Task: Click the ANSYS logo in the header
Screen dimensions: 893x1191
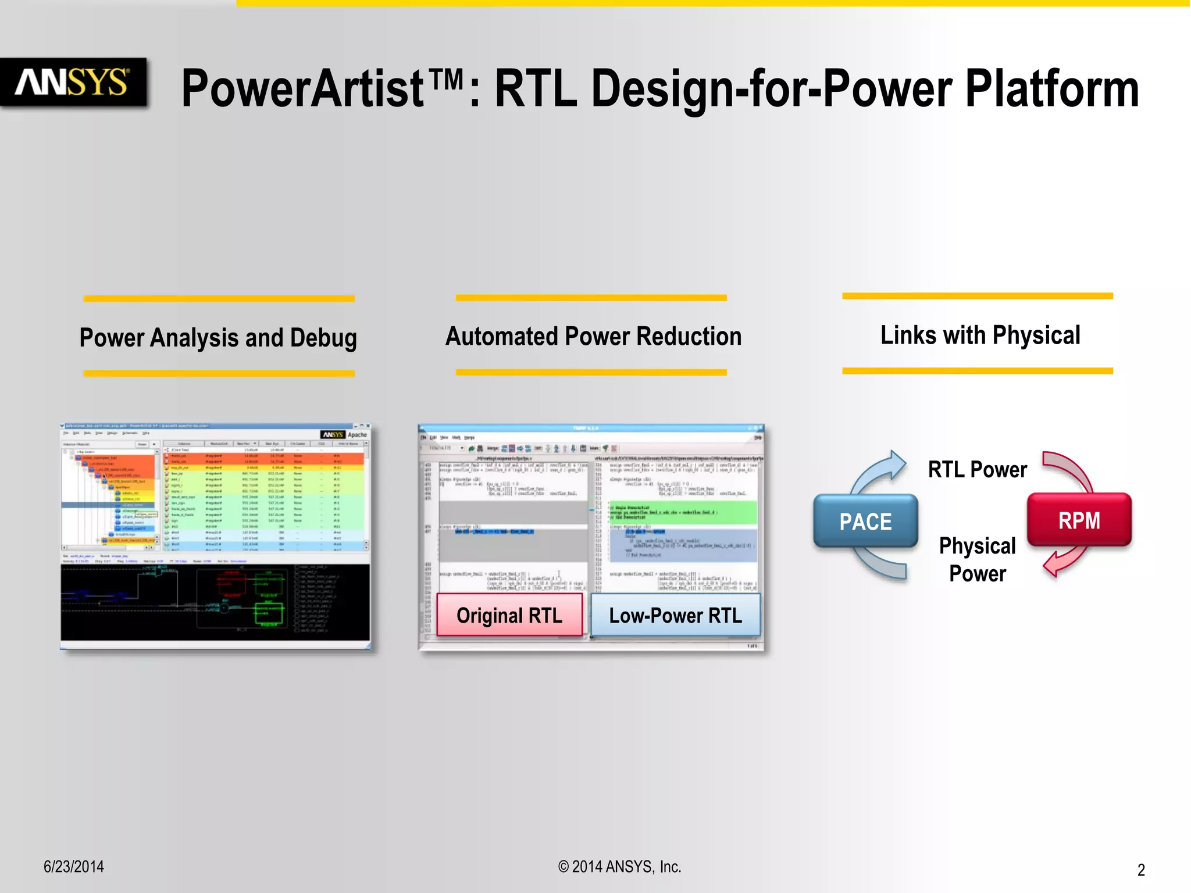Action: [72, 82]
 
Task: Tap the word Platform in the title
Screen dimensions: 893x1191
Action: [1051, 88]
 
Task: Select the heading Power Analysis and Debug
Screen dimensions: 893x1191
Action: [218, 338]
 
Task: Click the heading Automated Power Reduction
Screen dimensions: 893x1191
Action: [593, 336]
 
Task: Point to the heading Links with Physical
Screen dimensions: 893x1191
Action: [980, 335]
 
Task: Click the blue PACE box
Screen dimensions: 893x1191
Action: [865, 521]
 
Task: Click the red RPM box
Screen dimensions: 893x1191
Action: [1079, 520]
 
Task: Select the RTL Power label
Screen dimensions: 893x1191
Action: [977, 469]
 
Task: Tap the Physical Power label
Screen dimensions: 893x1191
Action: [977, 559]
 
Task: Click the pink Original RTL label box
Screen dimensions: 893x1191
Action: [509, 615]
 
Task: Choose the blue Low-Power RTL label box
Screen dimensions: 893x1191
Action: [675, 615]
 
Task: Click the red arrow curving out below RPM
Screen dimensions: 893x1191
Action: [1064, 561]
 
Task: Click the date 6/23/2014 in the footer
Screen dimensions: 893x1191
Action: [74, 866]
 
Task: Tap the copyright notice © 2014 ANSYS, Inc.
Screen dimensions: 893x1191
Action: [619, 866]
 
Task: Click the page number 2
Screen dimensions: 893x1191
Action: [1140, 870]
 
